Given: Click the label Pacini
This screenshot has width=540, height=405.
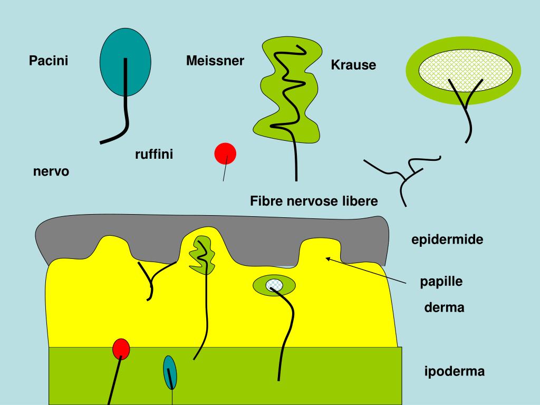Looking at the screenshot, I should coord(49,61).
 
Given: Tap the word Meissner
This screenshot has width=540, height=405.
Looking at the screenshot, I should coord(215,61).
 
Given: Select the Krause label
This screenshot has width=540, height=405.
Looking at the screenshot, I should coord(353,65).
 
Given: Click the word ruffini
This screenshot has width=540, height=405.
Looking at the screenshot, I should coord(154,155).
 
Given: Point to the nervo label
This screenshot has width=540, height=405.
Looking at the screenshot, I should coord(51,171).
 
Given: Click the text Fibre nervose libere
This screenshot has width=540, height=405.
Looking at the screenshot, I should coord(314,201).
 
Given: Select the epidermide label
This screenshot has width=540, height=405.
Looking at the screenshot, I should coord(447,240).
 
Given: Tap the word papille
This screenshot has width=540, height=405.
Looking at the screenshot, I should coord(441,281).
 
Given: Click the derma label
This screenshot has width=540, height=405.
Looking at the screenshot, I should coord(444,307).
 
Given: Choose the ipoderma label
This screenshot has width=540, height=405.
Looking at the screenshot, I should coord(454,372).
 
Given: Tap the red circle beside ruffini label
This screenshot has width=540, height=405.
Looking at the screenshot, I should coord(225,153).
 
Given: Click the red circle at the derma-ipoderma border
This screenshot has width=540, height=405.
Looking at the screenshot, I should coord(121,348).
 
